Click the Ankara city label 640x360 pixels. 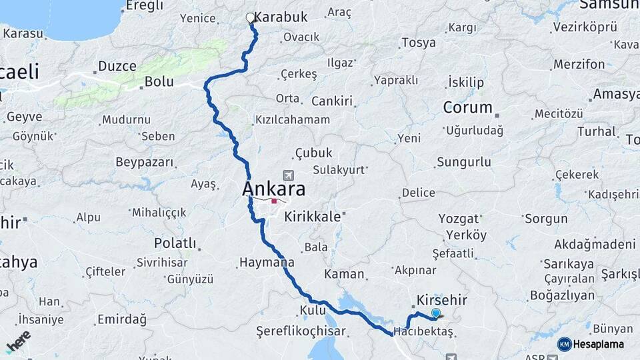click(x=274, y=189)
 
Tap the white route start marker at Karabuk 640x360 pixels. click(x=250, y=18)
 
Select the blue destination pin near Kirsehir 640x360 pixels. click(x=436, y=313)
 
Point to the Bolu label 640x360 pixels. click(x=159, y=82)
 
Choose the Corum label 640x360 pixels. click(x=468, y=107)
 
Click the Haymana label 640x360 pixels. click(x=266, y=262)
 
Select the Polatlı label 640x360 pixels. click(x=175, y=243)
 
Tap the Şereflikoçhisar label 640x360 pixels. click(x=301, y=331)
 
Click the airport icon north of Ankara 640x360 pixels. click(x=288, y=175)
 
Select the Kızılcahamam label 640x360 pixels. click(x=292, y=120)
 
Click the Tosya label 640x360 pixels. click(x=419, y=43)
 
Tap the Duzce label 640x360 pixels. click(x=117, y=66)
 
